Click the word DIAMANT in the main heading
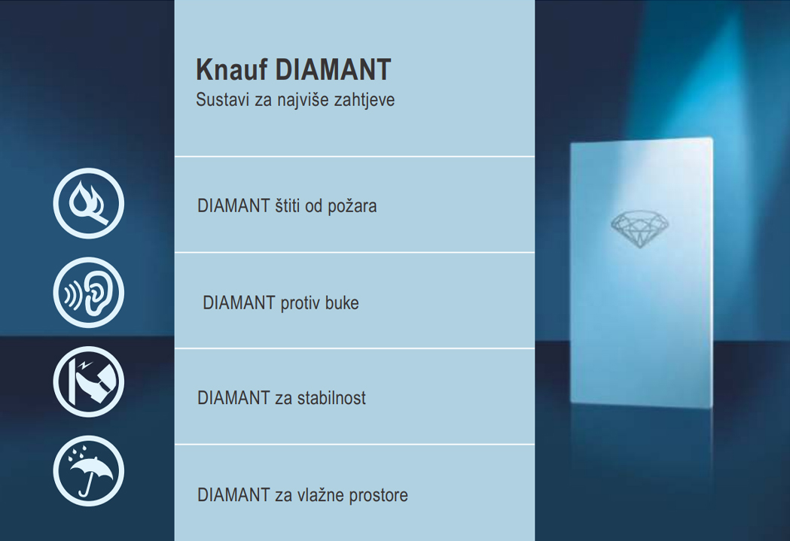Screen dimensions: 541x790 [x=333, y=70]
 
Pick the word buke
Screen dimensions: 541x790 [x=341, y=303]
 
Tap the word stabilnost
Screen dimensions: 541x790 [x=331, y=398]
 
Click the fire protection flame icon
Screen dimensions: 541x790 [x=88, y=204]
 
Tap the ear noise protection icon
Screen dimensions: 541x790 [x=88, y=293]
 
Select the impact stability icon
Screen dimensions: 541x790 [x=88, y=381]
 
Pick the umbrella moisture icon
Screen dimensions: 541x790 [x=88, y=471]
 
